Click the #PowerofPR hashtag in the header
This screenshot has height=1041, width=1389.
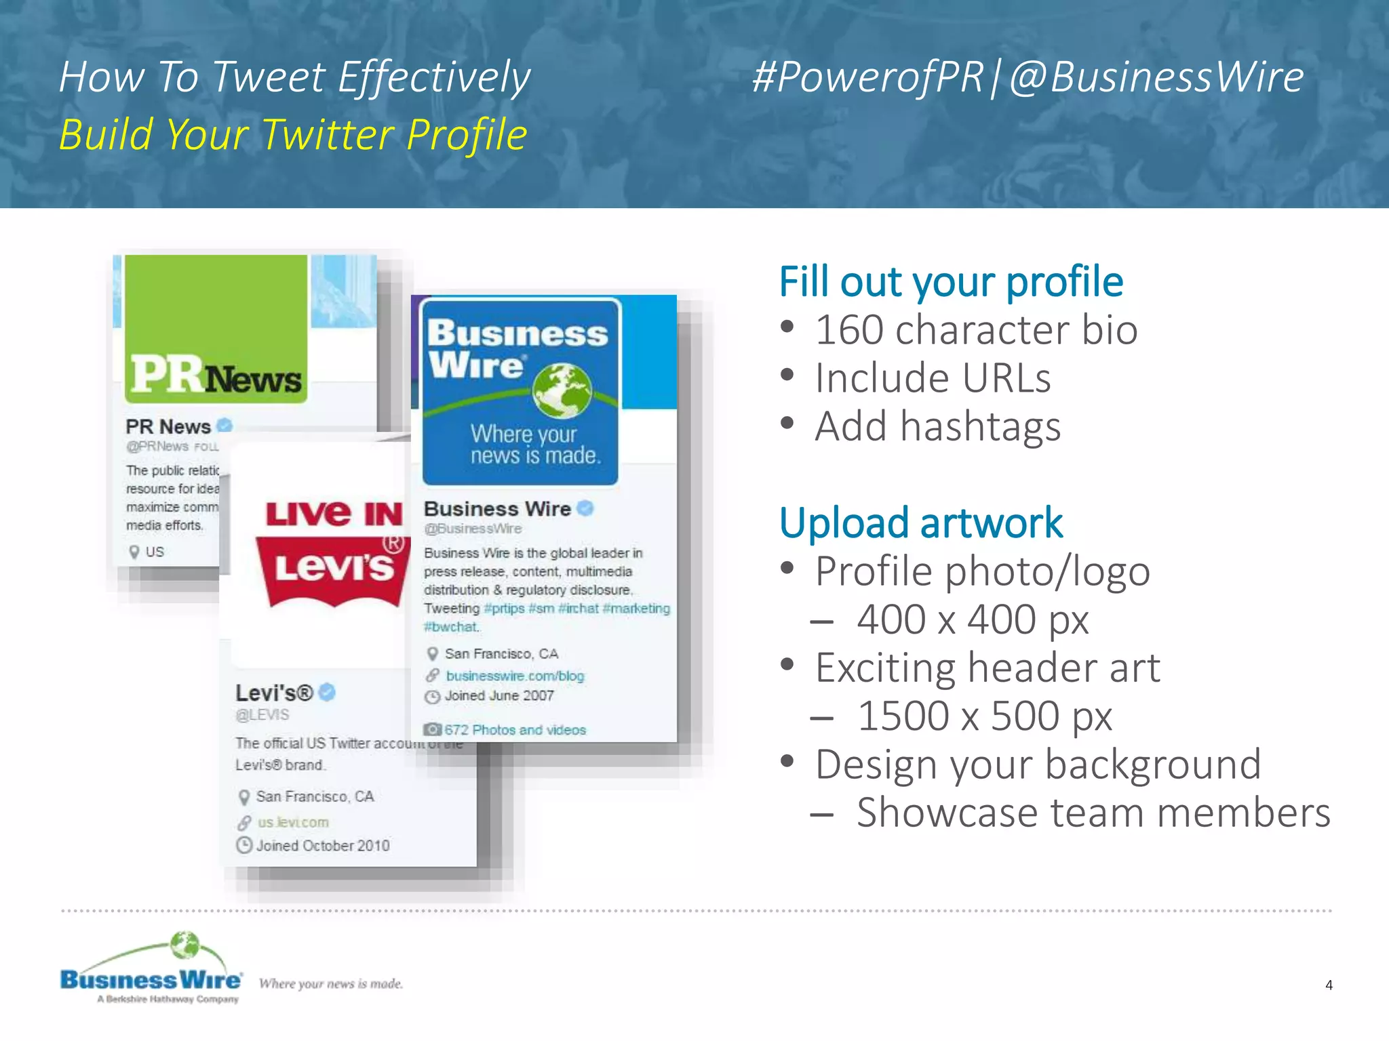point(867,77)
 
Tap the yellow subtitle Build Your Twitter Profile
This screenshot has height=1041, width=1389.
point(293,134)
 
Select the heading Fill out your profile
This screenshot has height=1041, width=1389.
point(951,282)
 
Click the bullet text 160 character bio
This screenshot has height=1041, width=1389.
point(976,330)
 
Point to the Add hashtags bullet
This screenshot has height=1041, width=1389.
point(937,427)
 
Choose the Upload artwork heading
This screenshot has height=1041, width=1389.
point(920,523)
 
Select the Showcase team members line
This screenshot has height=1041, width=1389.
point(1093,813)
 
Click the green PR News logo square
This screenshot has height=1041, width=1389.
point(216,329)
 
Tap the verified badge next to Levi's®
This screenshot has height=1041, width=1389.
point(327,692)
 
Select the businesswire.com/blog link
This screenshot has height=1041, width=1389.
point(515,676)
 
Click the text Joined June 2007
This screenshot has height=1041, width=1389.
point(499,696)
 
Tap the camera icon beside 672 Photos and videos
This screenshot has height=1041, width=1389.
point(432,730)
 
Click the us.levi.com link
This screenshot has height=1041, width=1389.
point(293,823)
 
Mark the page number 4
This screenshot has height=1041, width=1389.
point(1329,985)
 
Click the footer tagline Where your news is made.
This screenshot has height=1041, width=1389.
point(331,983)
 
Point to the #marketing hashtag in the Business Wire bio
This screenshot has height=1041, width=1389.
point(636,609)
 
